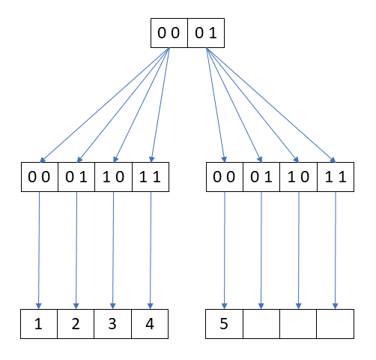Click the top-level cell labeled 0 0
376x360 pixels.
(169, 33)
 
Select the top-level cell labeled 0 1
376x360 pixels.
(205, 33)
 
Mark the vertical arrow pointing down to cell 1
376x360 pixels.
(38, 247)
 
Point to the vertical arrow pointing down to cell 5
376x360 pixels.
(225, 247)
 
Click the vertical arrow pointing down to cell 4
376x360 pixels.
(151, 247)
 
